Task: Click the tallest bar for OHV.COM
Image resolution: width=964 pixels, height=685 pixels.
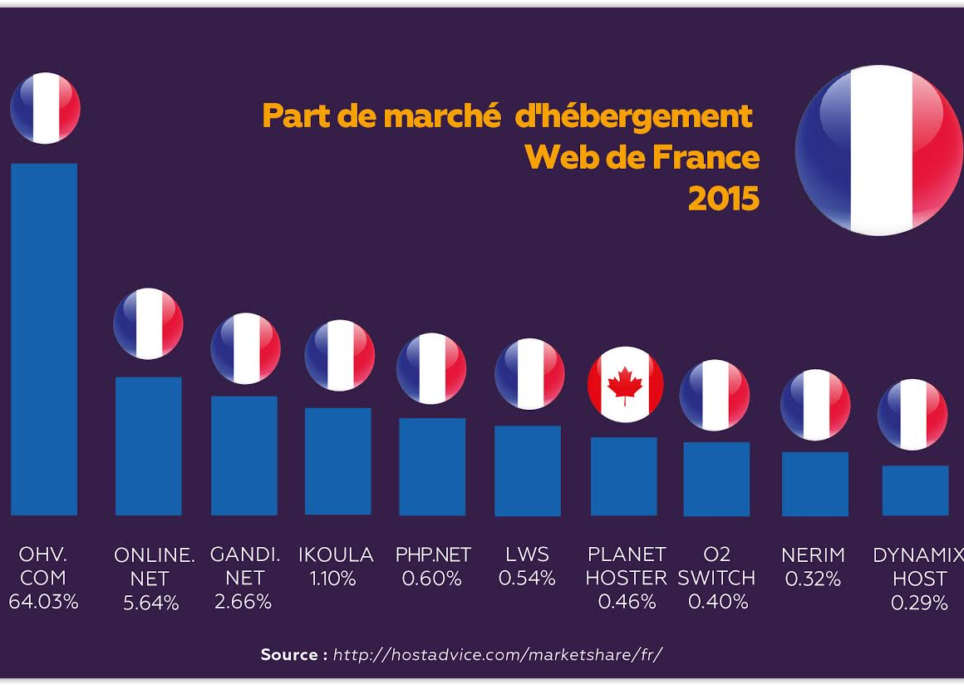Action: coord(44,339)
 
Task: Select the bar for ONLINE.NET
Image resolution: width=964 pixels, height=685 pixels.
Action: coord(148,446)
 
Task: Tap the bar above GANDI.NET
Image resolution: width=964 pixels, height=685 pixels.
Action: coord(244,456)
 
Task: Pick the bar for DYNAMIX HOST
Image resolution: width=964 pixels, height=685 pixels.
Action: coord(915,490)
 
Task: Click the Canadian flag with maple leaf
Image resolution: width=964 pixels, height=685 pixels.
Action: coord(625,384)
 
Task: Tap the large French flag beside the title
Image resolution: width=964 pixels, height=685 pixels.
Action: coord(878,150)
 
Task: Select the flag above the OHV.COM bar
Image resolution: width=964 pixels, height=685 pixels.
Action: coord(45,108)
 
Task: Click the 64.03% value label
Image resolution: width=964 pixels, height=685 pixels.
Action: coord(43,602)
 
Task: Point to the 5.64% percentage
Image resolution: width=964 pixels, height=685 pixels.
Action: coord(151,603)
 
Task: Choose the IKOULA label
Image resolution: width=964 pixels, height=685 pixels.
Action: coord(336,554)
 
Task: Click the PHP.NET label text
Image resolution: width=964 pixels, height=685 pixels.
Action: coord(432,554)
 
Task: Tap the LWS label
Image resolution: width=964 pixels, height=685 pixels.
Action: coord(527,554)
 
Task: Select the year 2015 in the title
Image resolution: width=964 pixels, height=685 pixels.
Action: coord(723,199)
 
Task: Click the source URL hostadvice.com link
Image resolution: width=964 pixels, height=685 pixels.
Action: coord(497,655)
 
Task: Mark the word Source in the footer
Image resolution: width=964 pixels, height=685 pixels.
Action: coord(289,655)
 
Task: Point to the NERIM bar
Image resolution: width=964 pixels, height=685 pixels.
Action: coord(814,484)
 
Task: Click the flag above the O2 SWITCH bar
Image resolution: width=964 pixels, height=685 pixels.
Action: coord(715,395)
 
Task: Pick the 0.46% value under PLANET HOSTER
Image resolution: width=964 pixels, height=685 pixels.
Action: coord(627,602)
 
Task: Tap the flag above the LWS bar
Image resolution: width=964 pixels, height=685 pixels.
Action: coord(529,374)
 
